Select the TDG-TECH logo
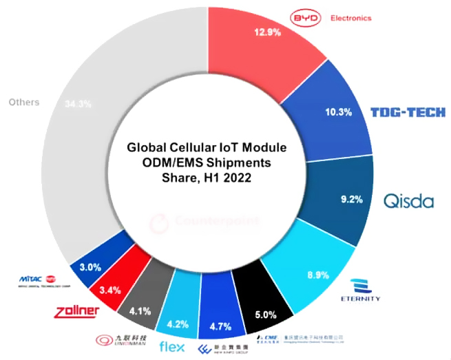(408, 112)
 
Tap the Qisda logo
(409, 201)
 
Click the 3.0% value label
(90, 267)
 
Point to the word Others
(23, 102)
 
